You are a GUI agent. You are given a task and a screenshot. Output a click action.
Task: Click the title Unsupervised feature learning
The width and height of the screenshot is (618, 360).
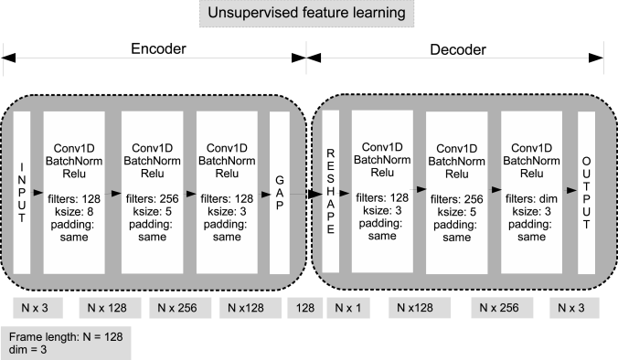305,15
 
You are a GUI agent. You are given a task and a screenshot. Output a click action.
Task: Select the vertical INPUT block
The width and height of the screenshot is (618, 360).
23,193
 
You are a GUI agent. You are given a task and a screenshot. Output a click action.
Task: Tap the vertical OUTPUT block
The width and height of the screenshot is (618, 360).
586,191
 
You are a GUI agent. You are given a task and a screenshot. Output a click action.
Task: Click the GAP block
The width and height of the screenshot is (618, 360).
279,193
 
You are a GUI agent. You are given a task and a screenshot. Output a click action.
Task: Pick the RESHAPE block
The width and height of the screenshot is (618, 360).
331,193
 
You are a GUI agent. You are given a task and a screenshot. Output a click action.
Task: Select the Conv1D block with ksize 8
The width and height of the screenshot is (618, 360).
78,193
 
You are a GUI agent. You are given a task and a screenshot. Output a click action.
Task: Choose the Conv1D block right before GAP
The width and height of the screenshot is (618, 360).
227,193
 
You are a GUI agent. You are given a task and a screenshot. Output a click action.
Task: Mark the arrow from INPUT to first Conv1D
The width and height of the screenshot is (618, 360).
38,194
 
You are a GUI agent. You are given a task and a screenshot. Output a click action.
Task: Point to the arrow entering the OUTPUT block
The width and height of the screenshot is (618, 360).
571,189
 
